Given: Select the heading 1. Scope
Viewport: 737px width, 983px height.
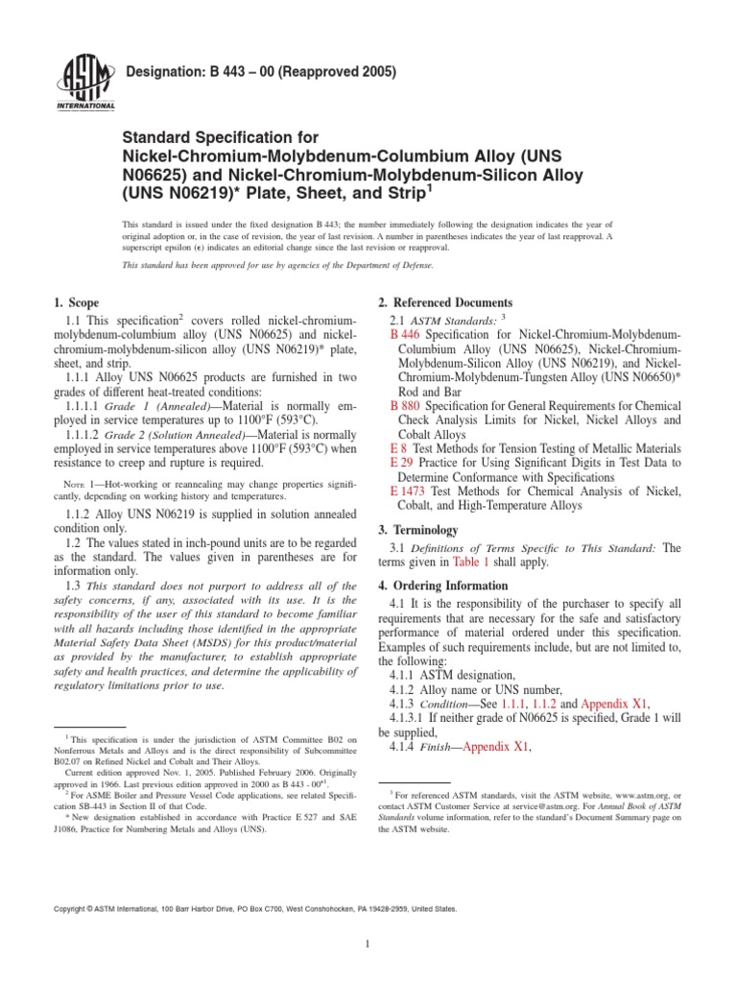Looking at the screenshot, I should point(79,303).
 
